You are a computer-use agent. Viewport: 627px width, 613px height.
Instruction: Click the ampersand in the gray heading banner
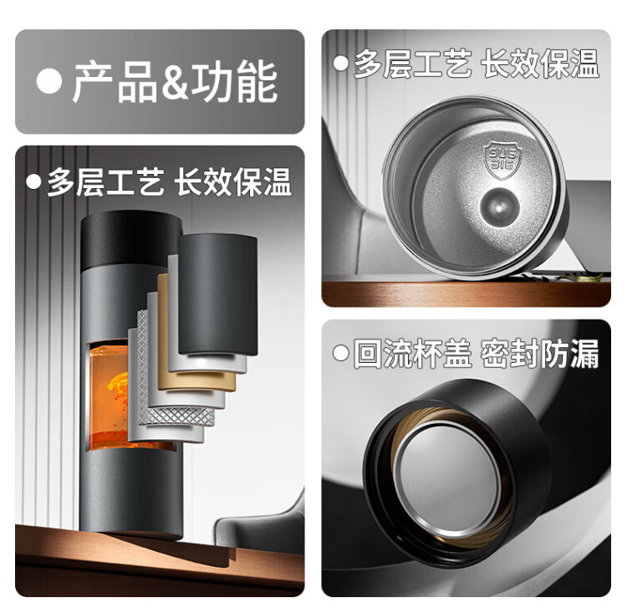(x=175, y=82)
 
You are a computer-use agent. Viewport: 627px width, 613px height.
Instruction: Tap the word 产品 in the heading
(x=115, y=82)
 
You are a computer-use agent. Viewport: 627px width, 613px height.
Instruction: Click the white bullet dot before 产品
(x=48, y=81)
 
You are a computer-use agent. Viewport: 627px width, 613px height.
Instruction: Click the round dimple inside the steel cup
(x=499, y=207)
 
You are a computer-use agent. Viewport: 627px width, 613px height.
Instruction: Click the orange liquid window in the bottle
(x=109, y=396)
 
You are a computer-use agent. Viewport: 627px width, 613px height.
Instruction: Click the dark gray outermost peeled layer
(x=218, y=295)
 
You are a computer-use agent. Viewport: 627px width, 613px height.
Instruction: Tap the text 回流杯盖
(x=412, y=353)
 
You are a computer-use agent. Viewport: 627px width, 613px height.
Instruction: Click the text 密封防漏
(x=539, y=353)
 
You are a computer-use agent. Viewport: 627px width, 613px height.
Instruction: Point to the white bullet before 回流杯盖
(x=341, y=353)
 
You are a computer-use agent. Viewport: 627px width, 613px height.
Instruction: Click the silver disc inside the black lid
(x=448, y=479)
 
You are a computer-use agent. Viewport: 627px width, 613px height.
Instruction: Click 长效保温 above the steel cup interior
(x=540, y=64)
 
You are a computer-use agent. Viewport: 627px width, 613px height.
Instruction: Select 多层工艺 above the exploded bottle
(x=105, y=182)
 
